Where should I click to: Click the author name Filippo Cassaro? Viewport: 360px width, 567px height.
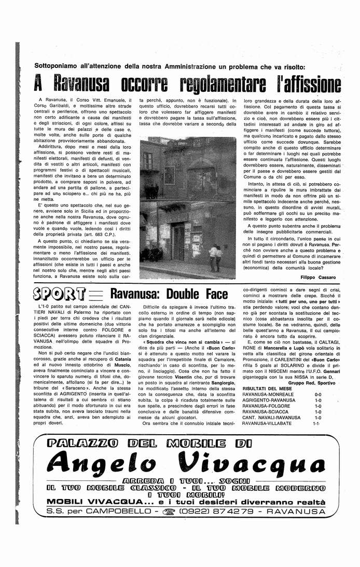[x=318, y=277]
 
